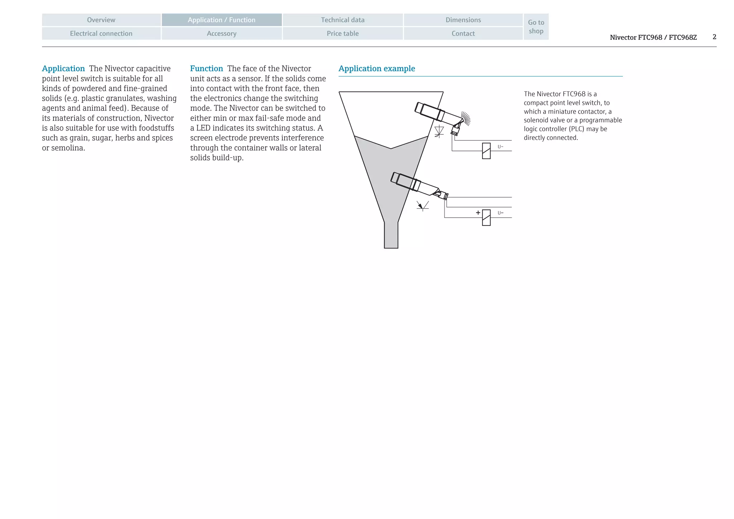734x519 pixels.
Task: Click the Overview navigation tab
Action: [101, 20]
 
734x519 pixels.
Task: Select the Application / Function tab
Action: [221, 20]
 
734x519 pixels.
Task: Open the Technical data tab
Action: [343, 20]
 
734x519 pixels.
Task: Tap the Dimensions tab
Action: [463, 20]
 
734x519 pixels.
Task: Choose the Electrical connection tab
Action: [101, 33]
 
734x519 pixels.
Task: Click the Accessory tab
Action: [221, 33]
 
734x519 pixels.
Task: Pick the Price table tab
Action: [343, 33]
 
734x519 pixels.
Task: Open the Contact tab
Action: [463, 33]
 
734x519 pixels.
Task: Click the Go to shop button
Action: [536, 27]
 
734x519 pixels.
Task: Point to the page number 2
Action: [714, 37]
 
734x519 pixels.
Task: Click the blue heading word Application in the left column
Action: [63, 68]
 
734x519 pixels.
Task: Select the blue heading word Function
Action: [206, 68]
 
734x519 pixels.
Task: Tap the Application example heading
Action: [377, 68]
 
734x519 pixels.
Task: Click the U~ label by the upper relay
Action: [500, 147]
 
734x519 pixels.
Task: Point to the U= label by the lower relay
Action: [500, 213]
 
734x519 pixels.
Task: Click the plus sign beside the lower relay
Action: [478, 213]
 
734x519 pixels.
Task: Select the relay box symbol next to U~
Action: [486, 151]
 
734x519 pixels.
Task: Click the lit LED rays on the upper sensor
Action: [466, 118]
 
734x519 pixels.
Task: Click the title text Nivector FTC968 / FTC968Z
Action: [653, 37]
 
